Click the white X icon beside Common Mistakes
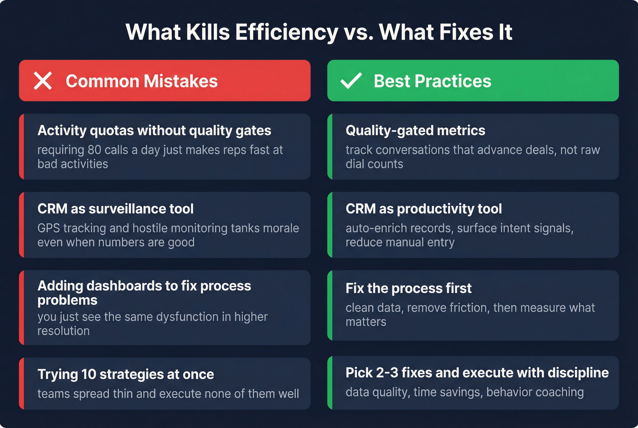coord(43,81)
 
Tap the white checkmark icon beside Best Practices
coord(351,81)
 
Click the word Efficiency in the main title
coord(287,32)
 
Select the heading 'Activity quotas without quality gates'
coord(154,131)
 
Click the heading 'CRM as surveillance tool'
coord(115,209)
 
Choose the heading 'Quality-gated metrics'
coord(415,131)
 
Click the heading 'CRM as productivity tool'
coord(423,209)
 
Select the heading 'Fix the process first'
coord(408,288)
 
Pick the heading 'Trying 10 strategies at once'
coord(125,374)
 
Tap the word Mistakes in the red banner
coord(181,81)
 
